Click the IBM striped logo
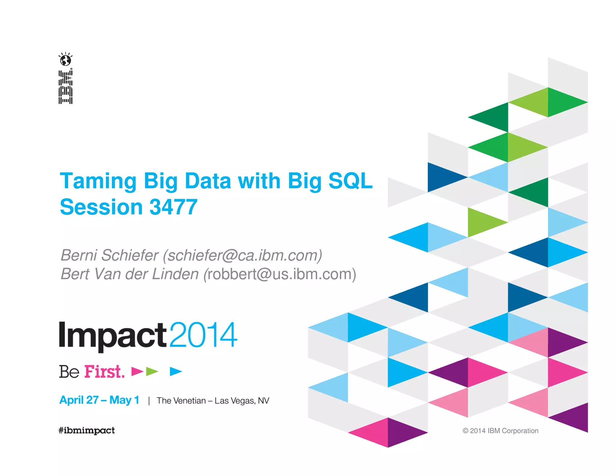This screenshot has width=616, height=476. (x=66, y=87)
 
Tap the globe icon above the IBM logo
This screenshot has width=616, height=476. (x=66, y=60)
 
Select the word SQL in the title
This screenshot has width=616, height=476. (x=350, y=181)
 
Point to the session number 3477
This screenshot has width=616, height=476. (x=173, y=207)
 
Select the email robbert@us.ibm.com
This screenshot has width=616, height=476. (x=280, y=274)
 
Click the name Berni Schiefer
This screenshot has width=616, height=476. (x=109, y=255)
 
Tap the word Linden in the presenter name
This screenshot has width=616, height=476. (x=175, y=274)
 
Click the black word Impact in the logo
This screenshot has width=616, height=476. (x=113, y=335)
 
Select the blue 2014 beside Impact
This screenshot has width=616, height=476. (x=204, y=335)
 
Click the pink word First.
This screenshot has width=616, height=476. (x=104, y=372)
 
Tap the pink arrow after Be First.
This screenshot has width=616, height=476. (x=137, y=372)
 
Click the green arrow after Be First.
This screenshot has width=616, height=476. (x=152, y=372)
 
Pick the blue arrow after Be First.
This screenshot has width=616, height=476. (x=176, y=372)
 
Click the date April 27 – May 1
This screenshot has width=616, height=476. (x=99, y=400)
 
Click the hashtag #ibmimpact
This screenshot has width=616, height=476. (x=87, y=430)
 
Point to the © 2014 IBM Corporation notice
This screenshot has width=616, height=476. (x=500, y=431)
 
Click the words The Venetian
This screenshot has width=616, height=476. (x=181, y=401)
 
